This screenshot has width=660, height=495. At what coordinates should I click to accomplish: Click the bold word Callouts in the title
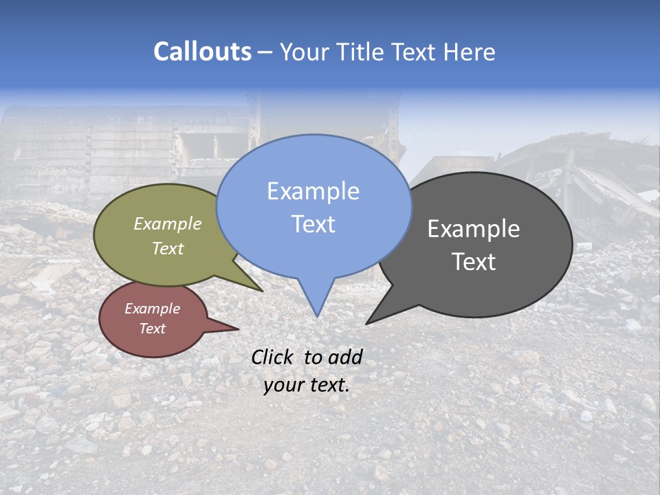202,52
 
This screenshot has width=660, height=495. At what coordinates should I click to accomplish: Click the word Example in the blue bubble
313,191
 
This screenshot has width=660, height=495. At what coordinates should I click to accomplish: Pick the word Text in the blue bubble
313,223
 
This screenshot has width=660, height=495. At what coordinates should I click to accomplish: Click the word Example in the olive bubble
168,223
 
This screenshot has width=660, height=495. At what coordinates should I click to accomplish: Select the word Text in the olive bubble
168,248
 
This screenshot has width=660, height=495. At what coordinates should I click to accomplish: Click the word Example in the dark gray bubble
474,229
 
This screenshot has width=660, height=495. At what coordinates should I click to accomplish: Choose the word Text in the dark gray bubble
474,261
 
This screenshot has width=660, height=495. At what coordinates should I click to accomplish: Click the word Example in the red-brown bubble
152,309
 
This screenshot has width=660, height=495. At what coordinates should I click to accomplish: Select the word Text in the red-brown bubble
152,328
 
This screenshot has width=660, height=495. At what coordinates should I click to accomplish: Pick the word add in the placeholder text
345,357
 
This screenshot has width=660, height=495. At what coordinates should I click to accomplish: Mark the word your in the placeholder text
282,385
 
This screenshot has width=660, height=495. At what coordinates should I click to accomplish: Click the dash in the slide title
265,52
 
